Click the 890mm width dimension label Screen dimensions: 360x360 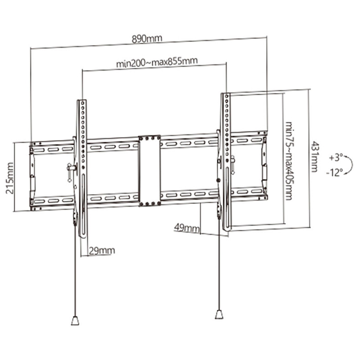coord(147,39)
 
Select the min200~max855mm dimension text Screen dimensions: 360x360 coord(156,62)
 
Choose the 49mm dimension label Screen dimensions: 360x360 coord(187,227)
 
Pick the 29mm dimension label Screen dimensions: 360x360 coord(102,250)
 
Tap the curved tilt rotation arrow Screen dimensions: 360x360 coord(349,165)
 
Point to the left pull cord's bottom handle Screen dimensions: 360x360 coord(75,320)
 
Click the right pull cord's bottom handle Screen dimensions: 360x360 coord(219,314)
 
